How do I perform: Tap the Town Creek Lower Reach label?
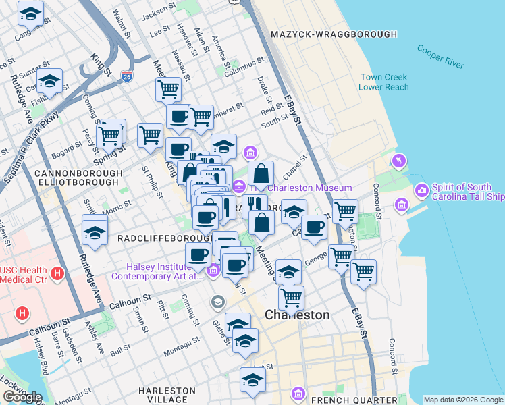pos(383,82)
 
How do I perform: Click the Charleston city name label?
pos(297,315)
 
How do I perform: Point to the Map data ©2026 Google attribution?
pos(463,400)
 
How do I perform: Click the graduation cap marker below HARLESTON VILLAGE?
pos(252,381)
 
